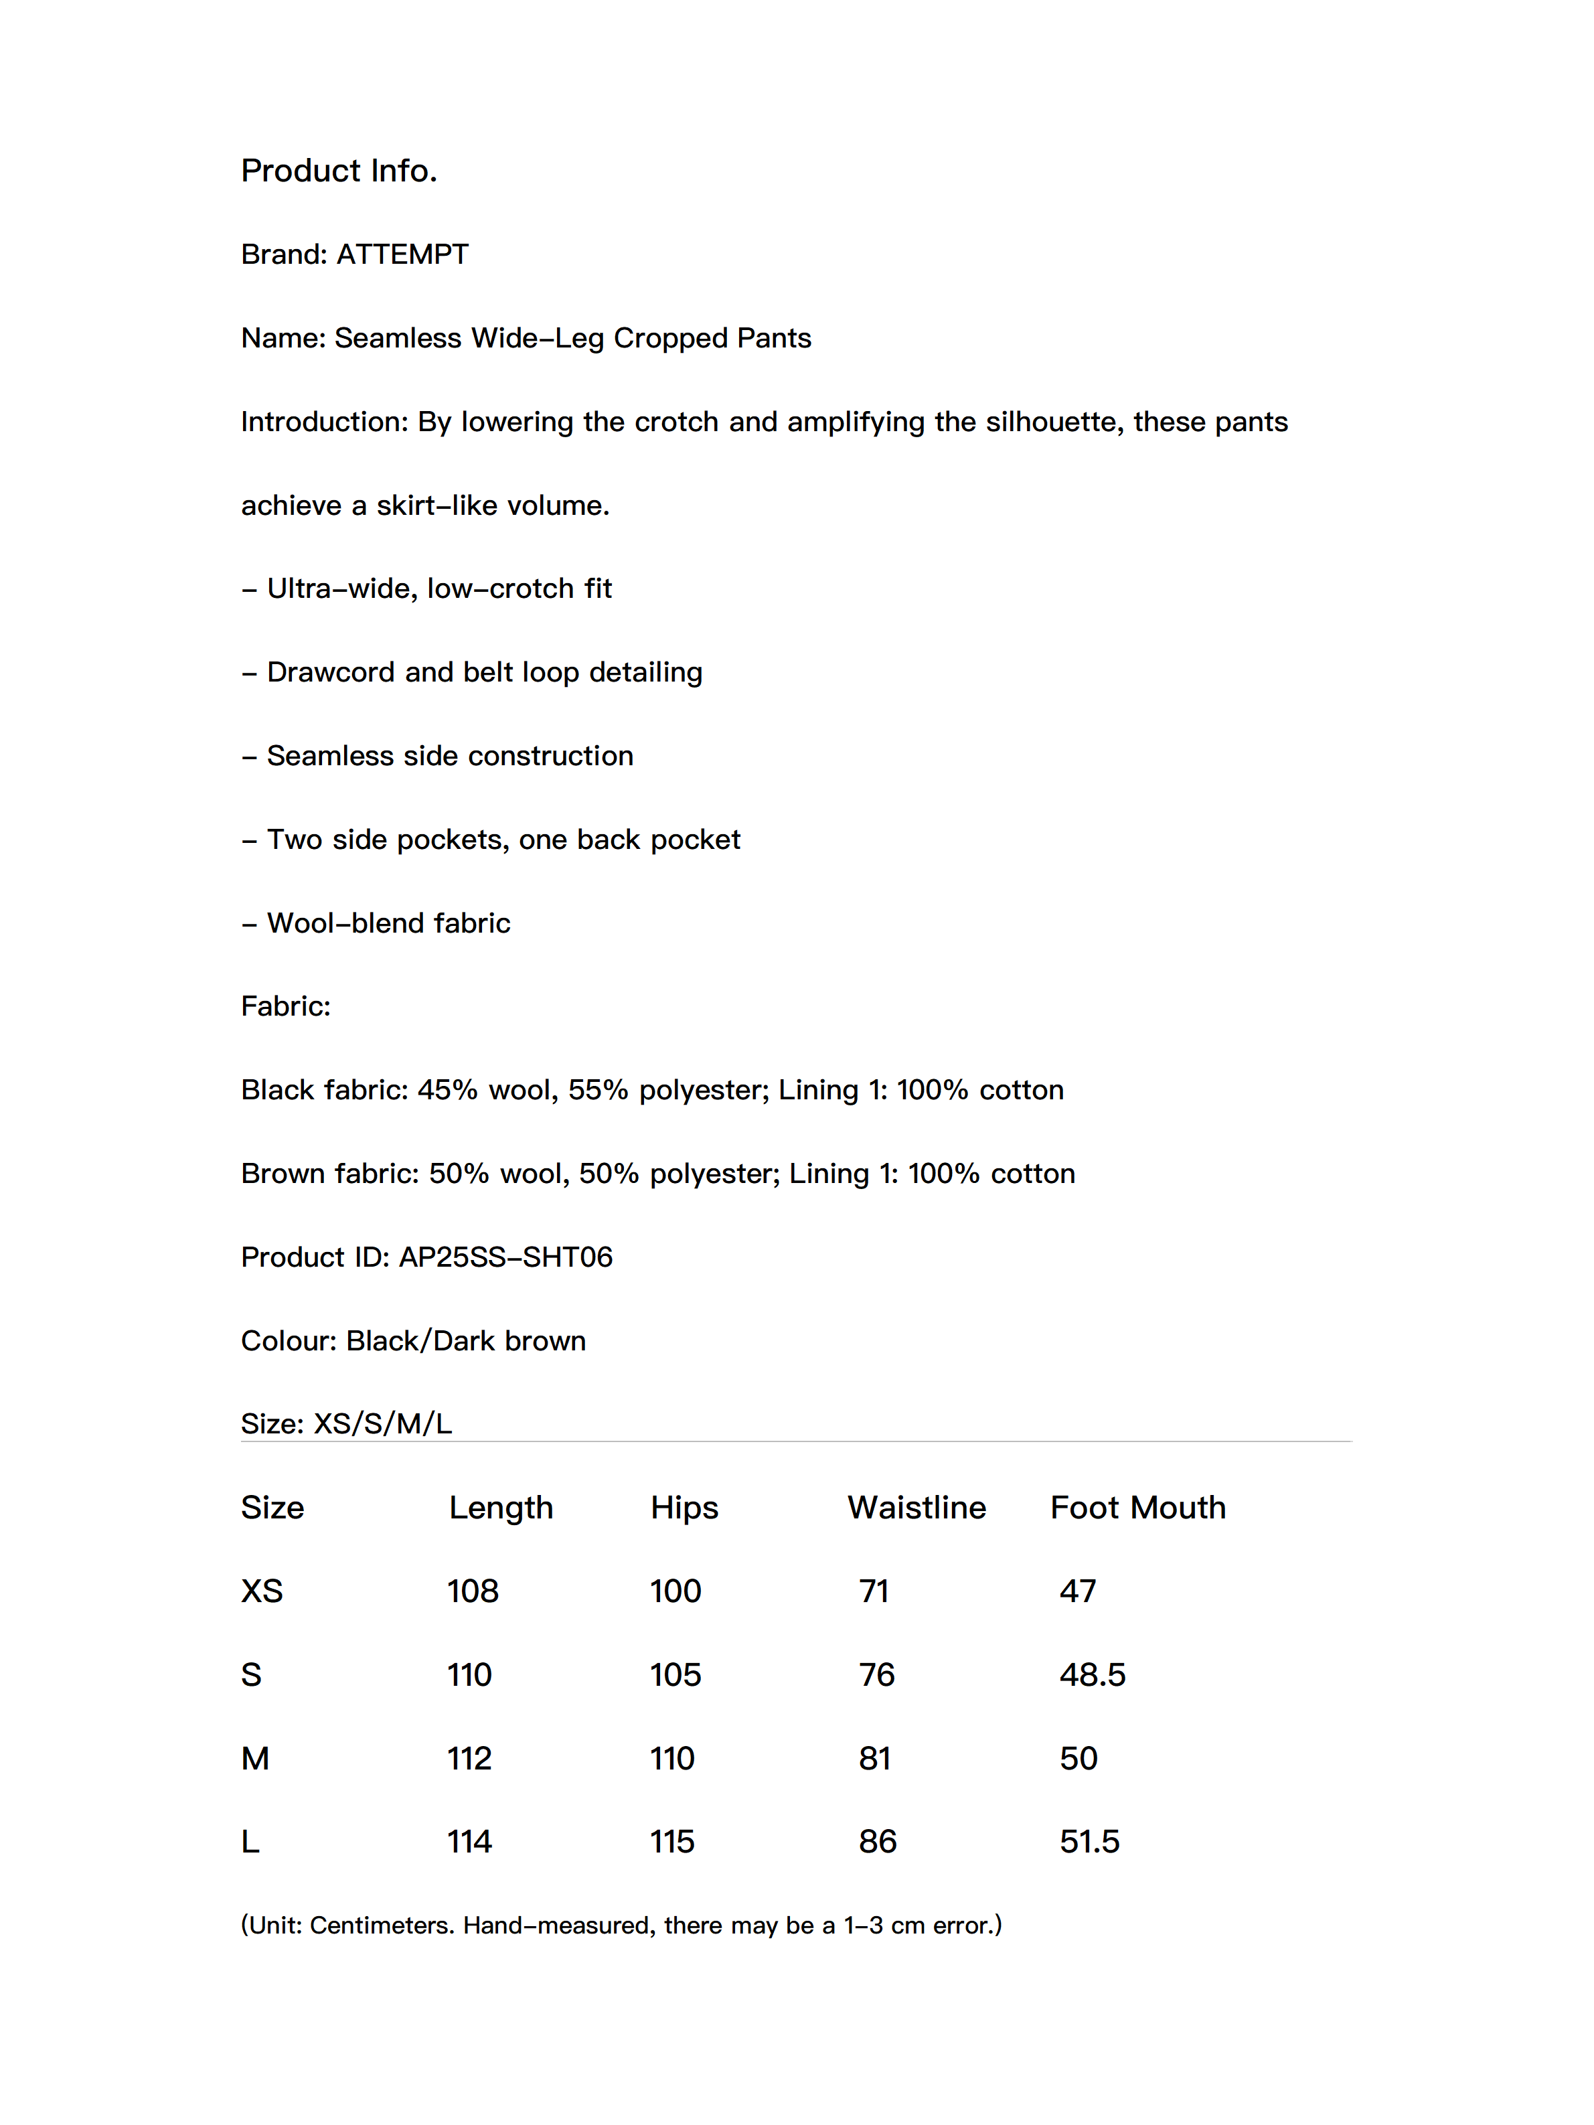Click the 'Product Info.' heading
point(338,171)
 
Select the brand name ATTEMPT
point(402,254)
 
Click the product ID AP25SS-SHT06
point(505,1257)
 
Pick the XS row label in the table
point(261,1592)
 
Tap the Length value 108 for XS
point(473,1592)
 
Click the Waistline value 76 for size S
point(876,1675)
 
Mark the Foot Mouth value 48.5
point(1091,1675)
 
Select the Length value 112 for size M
point(469,1759)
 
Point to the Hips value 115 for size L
point(671,1842)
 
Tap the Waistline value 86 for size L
point(877,1842)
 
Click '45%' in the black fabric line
point(447,1091)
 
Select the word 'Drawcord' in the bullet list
point(331,672)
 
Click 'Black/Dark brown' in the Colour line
point(465,1341)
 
